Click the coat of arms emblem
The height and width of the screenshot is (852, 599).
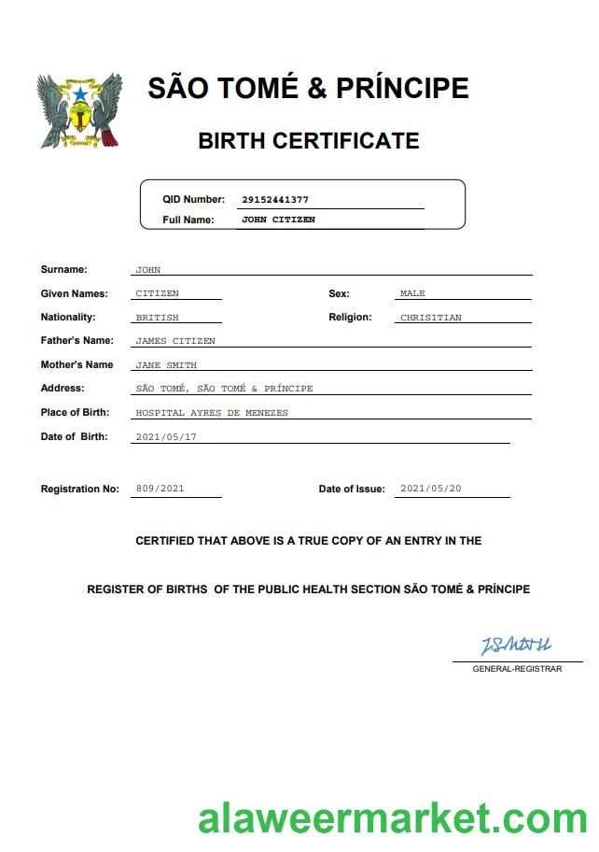coord(79,111)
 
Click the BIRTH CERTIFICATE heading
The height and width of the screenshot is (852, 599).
coord(308,141)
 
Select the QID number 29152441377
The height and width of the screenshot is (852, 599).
coord(274,200)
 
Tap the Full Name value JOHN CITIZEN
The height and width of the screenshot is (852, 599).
coord(278,220)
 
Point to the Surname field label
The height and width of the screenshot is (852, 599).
coord(63,270)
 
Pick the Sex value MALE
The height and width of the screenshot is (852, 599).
coord(412,293)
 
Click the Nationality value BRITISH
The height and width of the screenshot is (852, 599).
coord(157,318)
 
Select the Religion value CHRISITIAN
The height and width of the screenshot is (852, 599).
coord(430,318)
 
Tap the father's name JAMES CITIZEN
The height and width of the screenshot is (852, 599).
coord(175,341)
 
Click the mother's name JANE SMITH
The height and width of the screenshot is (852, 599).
coord(166,365)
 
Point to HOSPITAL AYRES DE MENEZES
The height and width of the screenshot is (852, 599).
coord(212,413)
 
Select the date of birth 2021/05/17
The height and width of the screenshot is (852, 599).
coord(166,437)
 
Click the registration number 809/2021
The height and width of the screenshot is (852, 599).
coord(160,489)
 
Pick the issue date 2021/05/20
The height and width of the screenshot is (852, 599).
coord(430,489)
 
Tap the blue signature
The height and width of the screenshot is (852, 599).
coord(516,646)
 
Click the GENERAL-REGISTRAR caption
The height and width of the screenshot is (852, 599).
coord(517,669)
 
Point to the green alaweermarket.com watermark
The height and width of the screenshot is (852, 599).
coord(392,819)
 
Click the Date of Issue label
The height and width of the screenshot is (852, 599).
coord(351,490)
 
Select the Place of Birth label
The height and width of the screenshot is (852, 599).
coord(75,413)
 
